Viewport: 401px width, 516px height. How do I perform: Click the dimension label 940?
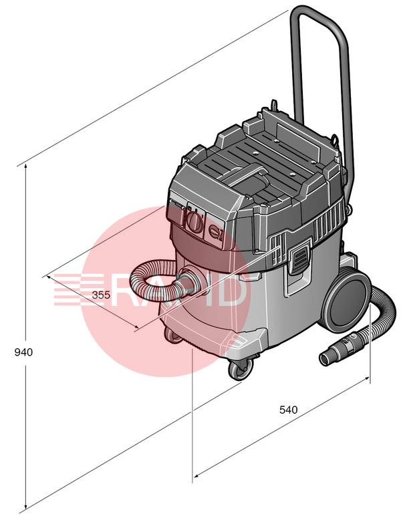[23, 352]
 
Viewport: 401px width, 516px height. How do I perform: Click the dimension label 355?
[101, 295]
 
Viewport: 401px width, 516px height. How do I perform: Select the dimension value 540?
[288, 410]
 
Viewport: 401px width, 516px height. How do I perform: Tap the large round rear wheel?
[346, 301]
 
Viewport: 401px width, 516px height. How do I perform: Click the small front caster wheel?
[241, 368]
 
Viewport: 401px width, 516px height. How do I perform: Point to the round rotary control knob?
[194, 221]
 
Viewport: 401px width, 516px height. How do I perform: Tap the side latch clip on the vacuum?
[299, 259]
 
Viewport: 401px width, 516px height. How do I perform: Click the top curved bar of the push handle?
[317, 15]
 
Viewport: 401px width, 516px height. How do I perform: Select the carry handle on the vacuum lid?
[247, 176]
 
